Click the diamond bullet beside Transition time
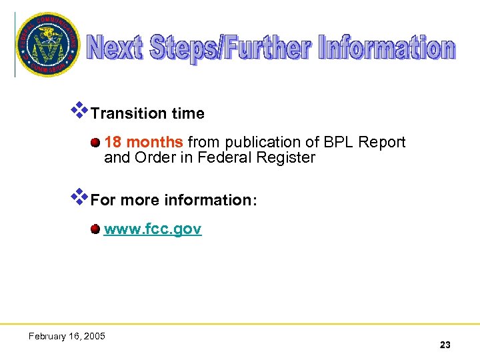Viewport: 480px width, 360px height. pos(80,110)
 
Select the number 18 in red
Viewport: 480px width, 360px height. pos(113,142)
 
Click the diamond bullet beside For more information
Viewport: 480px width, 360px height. pos(80,197)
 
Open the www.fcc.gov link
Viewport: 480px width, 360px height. pos(153,230)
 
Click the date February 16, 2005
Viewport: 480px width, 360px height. pos(67,336)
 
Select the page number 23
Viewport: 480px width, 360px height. pos(445,345)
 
